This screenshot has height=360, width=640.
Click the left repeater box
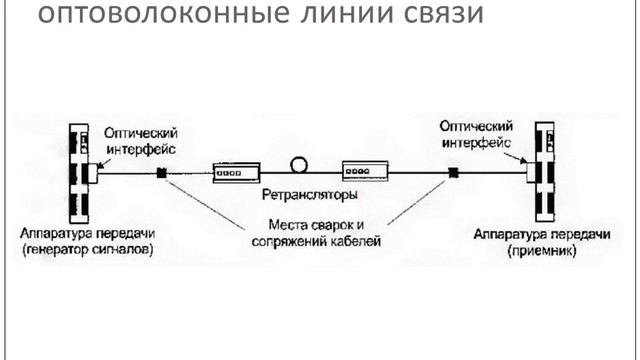236,172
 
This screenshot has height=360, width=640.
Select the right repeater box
364,172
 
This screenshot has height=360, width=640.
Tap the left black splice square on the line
160,173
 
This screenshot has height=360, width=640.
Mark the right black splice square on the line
452,173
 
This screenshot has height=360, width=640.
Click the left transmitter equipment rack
78,173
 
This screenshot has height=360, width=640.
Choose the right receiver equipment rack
545,173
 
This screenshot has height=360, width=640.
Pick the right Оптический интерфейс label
476,135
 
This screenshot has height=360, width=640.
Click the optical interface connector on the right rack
531,172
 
